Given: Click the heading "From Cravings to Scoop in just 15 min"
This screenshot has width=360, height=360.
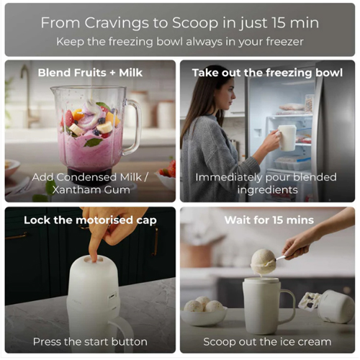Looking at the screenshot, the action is click(180, 23).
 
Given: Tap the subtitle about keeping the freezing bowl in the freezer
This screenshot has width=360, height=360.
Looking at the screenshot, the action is click(180, 42).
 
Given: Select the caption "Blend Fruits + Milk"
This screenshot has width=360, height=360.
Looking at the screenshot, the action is click(90, 73).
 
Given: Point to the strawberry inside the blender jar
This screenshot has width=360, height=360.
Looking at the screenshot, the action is click(69, 118).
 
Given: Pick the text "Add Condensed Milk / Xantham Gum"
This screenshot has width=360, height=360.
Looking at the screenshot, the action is click(90, 184).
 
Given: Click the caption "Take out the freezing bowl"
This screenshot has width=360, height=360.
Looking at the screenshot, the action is click(267, 73).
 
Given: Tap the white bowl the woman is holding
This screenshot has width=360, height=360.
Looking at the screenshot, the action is click(287, 138).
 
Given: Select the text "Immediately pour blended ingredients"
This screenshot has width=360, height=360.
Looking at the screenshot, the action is click(266, 184).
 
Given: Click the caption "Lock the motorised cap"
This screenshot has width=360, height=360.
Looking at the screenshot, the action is click(90, 220).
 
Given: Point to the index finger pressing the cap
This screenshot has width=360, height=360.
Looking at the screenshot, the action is click(94, 247).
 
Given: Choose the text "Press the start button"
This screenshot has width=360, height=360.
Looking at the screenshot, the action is click(90, 342).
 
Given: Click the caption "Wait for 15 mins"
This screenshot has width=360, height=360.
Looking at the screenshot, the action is click(269, 220).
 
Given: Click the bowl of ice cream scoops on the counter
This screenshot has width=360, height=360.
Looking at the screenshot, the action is click(204, 313).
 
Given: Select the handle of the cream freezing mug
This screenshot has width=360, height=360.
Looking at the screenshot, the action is click(288, 307).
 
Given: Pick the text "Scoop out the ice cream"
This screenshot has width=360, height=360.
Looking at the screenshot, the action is click(267, 342).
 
